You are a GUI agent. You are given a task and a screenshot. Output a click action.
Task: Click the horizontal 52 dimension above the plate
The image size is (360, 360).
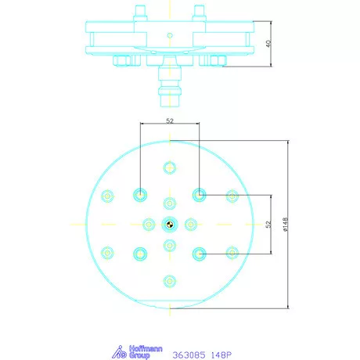pyautogui.click(x=169, y=121)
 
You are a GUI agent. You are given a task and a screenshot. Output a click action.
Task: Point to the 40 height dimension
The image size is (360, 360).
pyautogui.click(x=268, y=45)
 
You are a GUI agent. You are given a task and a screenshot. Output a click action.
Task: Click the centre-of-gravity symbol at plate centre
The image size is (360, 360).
pyautogui.click(x=169, y=225)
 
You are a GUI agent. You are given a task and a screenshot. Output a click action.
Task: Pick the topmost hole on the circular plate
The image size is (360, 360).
pyautogui.click(x=169, y=167)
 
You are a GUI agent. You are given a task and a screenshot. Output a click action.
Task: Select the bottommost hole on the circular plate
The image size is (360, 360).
pyautogui.click(x=169, y=280)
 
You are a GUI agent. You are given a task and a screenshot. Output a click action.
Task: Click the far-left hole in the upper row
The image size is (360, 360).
pyautogui.click(x=108, y=195)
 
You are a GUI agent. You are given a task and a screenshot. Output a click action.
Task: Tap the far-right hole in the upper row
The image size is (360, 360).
pyautogui.click(x=231, y=195)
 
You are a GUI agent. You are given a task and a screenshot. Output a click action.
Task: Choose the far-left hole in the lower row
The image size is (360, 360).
pyautogui.click(x=108, y=252)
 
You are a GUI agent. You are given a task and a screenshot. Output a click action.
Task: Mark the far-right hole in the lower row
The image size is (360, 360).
pyautogui.click(x=231, y=252)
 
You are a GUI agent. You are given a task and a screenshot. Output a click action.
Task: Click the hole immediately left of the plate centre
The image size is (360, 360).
pyautogui.click(x=148, y=225)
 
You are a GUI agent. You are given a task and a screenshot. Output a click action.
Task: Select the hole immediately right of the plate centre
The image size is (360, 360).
pyautogui.click(x=190, y=225)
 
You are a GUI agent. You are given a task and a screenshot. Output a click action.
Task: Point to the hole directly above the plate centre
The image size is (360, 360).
pyautogui.click(x=169, y=203)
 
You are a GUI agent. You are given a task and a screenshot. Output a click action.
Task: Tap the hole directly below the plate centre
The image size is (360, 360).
pyautogui.click(x=169, y=246)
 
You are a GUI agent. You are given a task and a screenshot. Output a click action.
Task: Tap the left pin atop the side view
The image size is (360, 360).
pyautogui.click(x=142, y=13)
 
